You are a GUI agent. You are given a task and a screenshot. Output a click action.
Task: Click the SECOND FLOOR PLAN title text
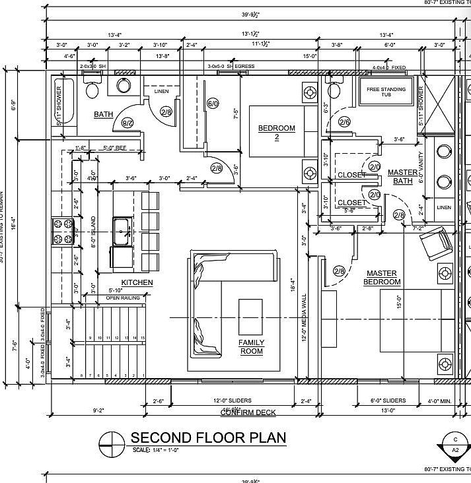(x=208, y=437)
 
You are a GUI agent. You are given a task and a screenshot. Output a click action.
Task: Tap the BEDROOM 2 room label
(x=276, y=132)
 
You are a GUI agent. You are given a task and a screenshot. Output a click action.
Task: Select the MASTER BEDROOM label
(x=382, y=277)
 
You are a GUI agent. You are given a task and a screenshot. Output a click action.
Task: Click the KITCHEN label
(x=137, y=282)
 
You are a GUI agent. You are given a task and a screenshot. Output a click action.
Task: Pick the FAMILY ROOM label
(x=251, y=347)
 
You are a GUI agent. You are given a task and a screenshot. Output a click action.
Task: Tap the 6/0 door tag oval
(x=213, y=104)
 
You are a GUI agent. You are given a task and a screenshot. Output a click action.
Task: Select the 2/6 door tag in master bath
(x=345, y=122)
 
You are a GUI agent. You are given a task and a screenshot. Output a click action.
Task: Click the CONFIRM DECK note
(x=248, y=412)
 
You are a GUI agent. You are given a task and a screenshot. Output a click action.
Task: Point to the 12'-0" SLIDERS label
(x=232, y=401)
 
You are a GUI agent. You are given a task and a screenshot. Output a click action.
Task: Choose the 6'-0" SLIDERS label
(x=386, y=401)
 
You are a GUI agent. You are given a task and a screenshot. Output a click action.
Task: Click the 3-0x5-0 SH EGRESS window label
(x=231, y=67)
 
